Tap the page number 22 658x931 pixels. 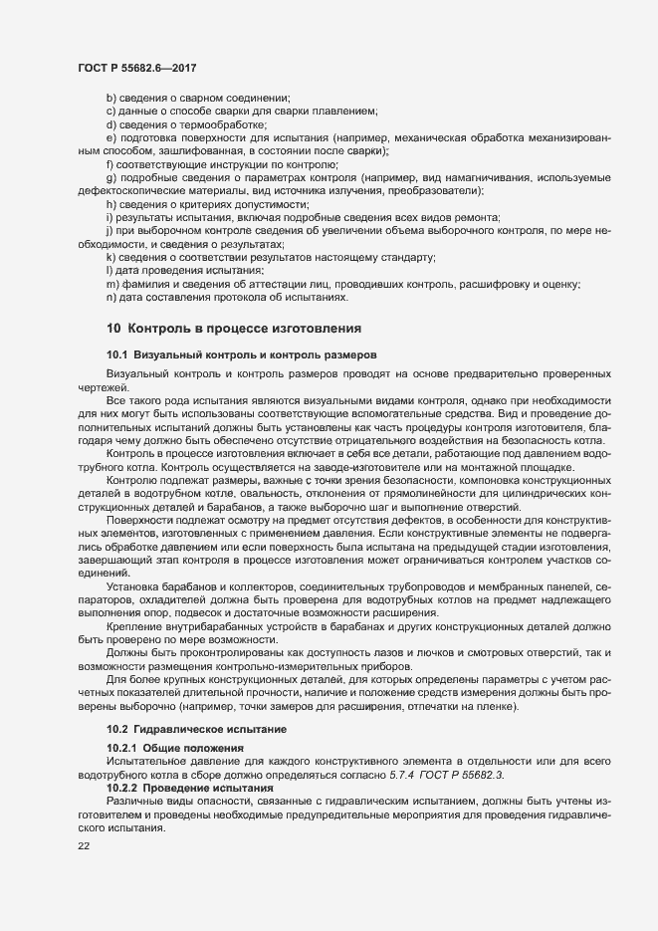click(84, 846)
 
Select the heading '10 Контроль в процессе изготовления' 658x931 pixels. click(233, 328)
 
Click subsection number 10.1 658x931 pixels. click(117, 354)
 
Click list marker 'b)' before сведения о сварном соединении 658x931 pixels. click(110, 98)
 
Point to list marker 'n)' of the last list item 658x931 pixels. click(110, 297)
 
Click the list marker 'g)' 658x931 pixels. click(110, 177)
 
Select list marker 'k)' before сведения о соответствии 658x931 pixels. click(110, 257)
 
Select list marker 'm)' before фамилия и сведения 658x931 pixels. click(111, 284)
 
